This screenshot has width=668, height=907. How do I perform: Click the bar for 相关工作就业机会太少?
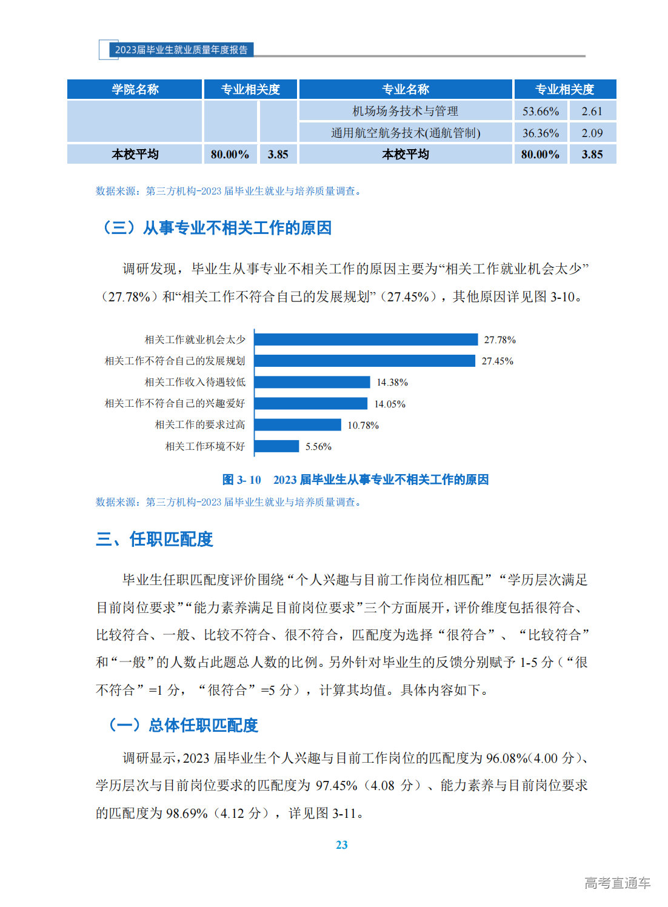(x=366, y=340)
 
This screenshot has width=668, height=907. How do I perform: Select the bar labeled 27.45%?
(x=365, y=361)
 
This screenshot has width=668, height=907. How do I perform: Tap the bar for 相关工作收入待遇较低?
(x=312, y=382)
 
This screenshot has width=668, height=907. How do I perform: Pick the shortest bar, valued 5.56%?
(x=277, y=446)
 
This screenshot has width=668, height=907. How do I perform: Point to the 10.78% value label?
(x=362, y=426)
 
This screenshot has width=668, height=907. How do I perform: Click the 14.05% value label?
(x=389, y=404)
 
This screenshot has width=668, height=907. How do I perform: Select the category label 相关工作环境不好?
(x=205, y=446)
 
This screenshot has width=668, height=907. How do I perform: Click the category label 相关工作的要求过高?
(x=200, y=425)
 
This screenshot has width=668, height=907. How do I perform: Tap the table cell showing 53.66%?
(x=540, y=111)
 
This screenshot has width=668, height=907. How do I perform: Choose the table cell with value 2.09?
(x=592, y=133)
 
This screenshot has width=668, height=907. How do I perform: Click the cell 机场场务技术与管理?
(x=406, y=111)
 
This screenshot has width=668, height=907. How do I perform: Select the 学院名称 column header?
(x=135, y=90)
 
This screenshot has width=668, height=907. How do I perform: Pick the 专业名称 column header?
(x=406, y=90)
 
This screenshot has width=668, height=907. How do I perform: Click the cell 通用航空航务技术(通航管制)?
(x=406, y=133)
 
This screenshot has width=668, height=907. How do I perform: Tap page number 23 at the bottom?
(x=342, y=845)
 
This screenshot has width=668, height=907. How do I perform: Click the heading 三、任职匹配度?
(x=155, y=539)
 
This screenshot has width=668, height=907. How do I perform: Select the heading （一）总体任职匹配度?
(x=182, y=725)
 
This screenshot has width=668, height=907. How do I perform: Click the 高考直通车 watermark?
(x=616, y=883)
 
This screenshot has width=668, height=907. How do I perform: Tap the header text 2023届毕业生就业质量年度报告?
(x=181, y=50)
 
